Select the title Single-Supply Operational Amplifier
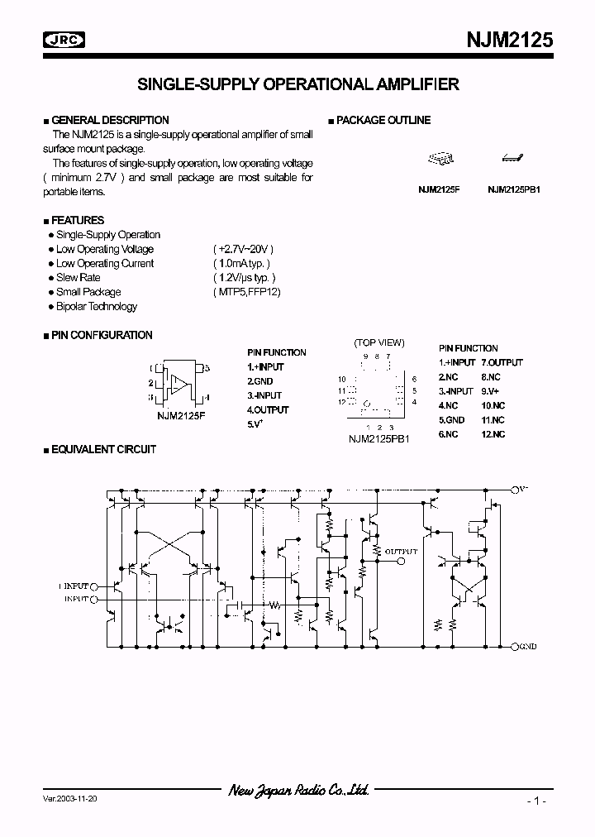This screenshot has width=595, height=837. point(297,84)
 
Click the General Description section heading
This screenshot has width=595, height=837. point(110,121)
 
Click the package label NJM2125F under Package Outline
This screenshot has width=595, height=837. point(439,189)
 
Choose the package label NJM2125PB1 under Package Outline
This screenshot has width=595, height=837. point(513,189)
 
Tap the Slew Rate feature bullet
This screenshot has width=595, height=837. point(78,278)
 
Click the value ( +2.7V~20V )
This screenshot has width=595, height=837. point(242,249)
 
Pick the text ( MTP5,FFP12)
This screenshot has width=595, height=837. point(246,292)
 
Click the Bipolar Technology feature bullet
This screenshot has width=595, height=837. point(96,307)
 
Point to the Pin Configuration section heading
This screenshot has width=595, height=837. point(102,336)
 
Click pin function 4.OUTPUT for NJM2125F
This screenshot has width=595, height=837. point(268,410)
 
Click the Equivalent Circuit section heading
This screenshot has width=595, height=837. point(103,450)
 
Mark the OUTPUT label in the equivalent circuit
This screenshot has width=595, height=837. point(402,551)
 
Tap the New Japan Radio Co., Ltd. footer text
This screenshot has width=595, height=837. point(297,791)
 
